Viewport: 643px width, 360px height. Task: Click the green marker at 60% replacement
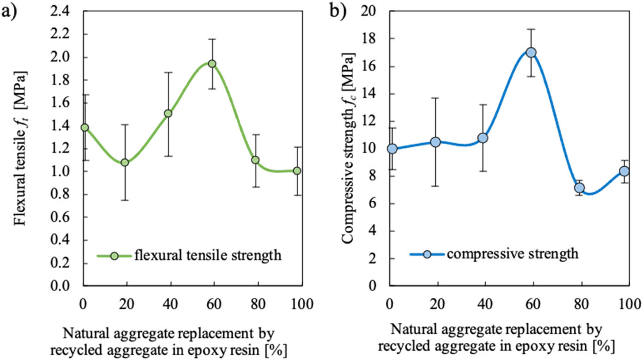coord(212,64)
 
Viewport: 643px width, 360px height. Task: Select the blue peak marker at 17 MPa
coord(531,52)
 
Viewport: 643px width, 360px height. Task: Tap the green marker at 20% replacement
coord(125,162)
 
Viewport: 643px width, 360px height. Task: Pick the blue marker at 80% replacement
coord(579,188)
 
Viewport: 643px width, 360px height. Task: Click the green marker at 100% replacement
coord(297,171)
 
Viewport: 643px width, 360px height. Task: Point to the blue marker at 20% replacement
coord(435,142)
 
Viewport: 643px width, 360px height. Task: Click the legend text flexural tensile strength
coord(208,255)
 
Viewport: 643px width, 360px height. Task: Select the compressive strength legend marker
coord(427,254)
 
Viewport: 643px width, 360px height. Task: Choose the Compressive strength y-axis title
coord(350,148)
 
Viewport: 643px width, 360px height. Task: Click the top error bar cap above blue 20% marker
coord(435,98)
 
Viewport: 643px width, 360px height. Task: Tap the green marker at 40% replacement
coord(168,113)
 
